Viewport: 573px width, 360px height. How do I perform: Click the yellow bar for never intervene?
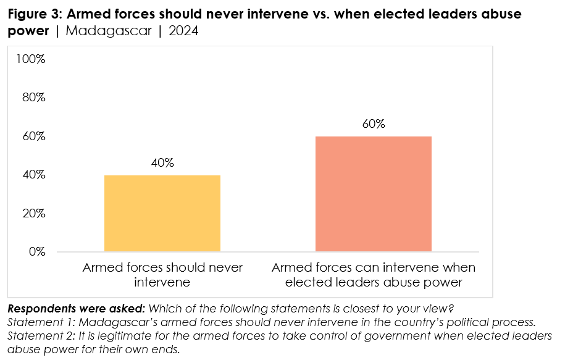pyautogui.click(x=162, y=213)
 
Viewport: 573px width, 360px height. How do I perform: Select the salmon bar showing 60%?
pyautogui.click(x=374, y=194)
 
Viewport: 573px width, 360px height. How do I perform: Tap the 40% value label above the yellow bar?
pyautogui.click(x=162, y=163)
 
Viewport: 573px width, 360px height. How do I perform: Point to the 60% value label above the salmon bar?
pyautogui.click(x=374, y=124)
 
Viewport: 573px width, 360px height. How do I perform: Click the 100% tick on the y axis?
pyautogui.click(x=31, y=59)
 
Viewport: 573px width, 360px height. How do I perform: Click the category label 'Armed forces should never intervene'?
pyautogui.click(x=162, y=275)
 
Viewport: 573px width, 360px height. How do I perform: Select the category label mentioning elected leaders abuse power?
pyautogui.click(x=374, y=275)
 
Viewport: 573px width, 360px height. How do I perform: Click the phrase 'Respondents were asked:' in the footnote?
pyautogui.click(x=77, y=308)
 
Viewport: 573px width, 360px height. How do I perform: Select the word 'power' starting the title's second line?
pyautogui.click(x=28, y=30)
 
